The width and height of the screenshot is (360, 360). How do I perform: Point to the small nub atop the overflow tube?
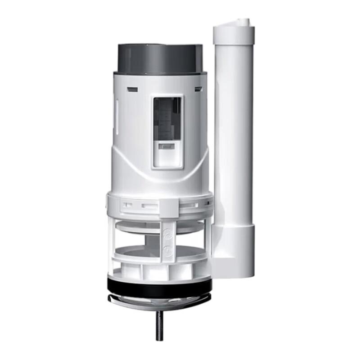click(x=243, y=22)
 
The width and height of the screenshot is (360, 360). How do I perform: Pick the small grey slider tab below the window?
click(x=167, y=146)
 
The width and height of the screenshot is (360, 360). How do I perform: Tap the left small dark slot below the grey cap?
click(x=132, y=89)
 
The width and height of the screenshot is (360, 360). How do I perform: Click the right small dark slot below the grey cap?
click(x=198, y=89)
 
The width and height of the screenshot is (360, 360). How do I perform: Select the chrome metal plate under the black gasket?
click(x=159, y=299)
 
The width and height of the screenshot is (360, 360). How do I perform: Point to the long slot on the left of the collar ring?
click(x=149, y=206)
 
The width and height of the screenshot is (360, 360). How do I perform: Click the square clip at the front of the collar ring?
click(x=168, y=206)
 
